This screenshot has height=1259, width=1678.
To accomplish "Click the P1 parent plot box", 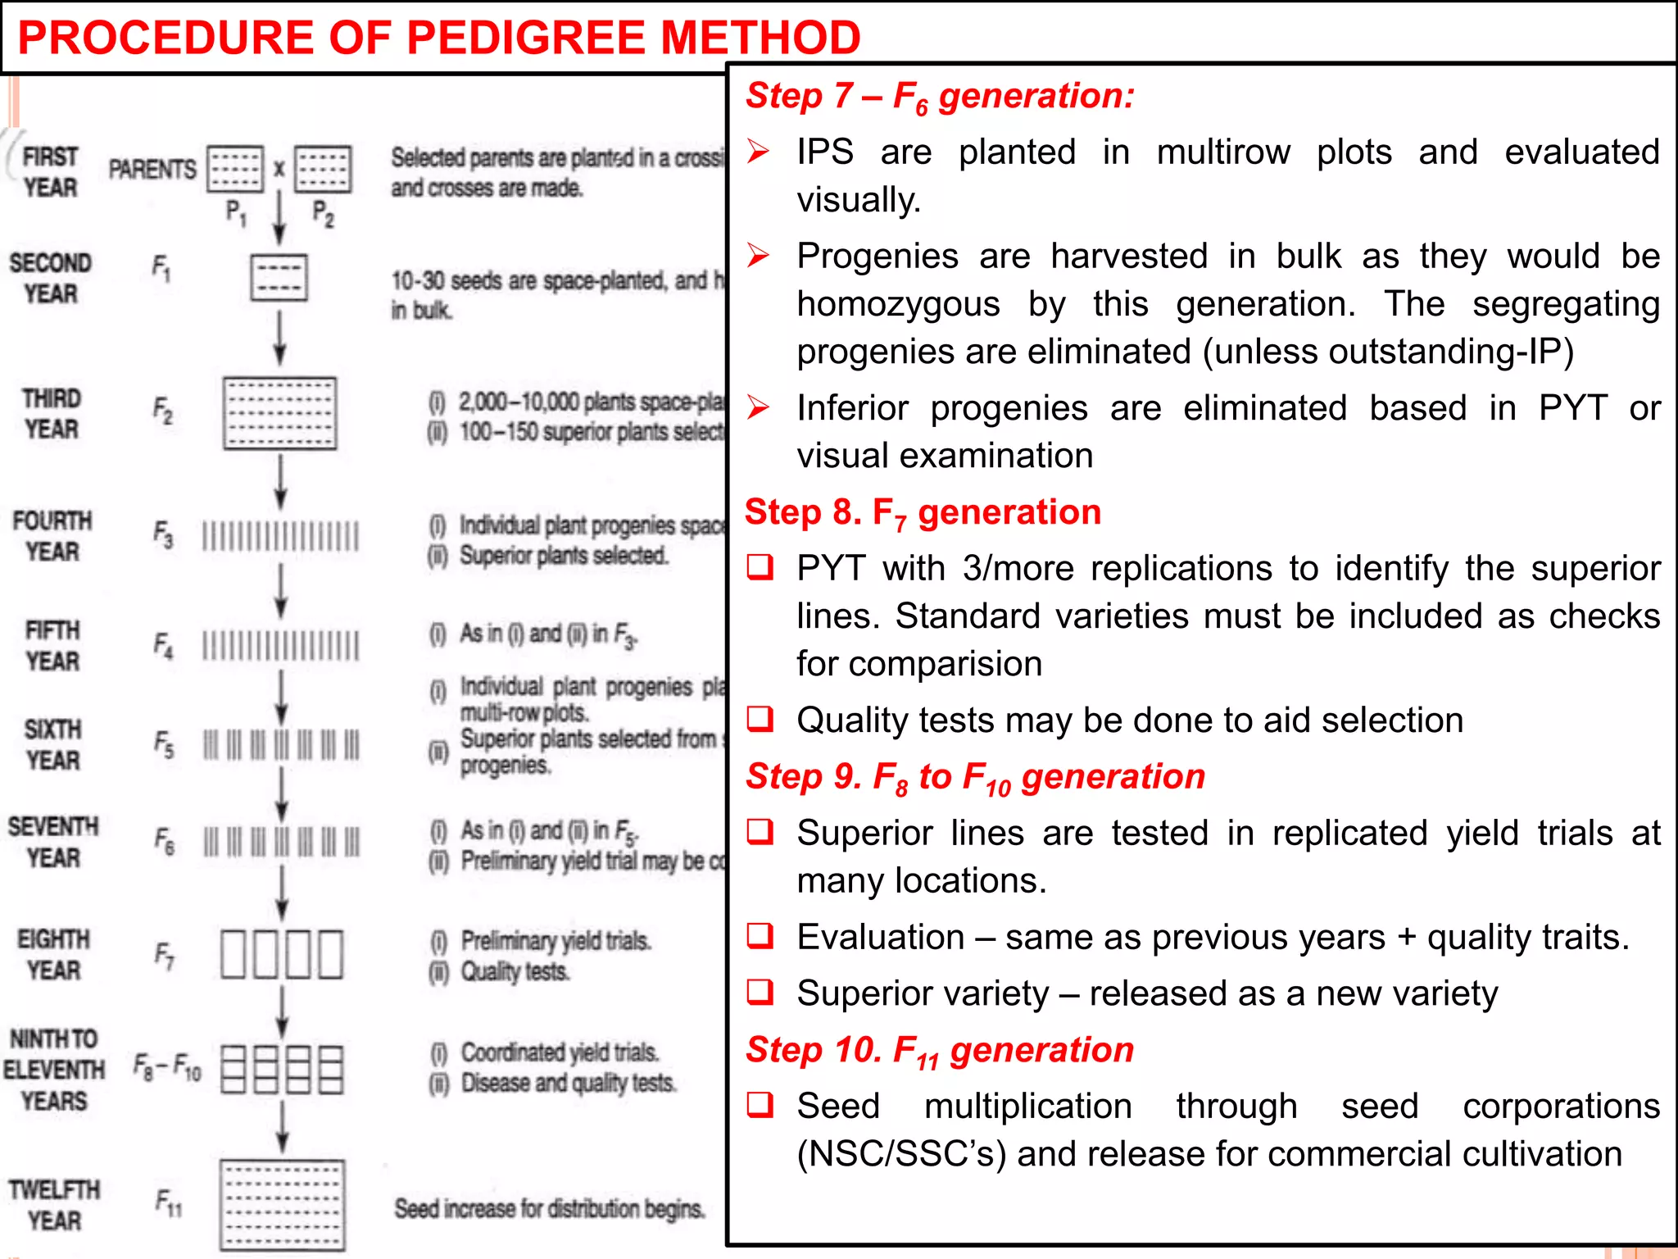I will [235, 169].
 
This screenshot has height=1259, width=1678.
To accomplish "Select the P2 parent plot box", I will [323, 169].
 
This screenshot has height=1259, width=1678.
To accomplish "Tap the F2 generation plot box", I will [279, 413].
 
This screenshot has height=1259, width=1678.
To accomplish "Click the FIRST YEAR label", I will [50, 172].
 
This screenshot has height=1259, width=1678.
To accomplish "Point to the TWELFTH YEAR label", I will [54, 1205].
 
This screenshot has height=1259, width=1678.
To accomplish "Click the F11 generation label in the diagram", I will [169, 1202].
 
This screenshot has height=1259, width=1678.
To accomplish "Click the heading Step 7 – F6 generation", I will [940, 97].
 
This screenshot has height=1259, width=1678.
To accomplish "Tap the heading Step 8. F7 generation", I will [923, 513].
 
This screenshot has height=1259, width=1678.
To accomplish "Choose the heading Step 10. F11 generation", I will [940, 1051].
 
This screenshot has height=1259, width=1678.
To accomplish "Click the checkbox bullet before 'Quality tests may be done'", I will [760, 719].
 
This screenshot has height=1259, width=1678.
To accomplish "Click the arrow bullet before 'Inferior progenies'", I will [759, 407].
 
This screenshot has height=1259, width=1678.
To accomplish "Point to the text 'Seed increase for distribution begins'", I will [549, 1209].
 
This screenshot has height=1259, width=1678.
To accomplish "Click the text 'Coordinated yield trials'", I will [560, 1052].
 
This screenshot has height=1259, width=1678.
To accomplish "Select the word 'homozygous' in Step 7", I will [898, 305].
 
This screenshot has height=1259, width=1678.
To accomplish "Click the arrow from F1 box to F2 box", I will [279, 337].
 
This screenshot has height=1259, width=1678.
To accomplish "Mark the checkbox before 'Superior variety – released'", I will [760, 992].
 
